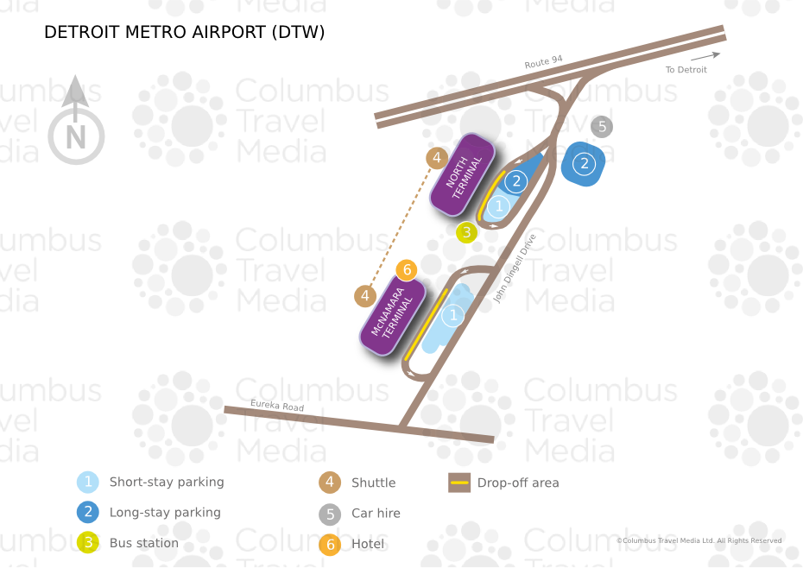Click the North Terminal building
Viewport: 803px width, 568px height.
tap(462, 174)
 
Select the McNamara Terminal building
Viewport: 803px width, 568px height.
tap(392, 315)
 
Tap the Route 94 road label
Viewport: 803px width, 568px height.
tap(543, 62)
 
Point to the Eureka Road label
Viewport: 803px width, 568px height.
tap(277, 405)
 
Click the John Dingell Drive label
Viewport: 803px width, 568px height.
tap(514, 268)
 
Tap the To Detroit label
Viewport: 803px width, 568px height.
tap(686, 70)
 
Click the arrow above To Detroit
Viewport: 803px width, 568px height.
tap(705, 55)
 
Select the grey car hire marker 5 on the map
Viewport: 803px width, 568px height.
tap(602, 127)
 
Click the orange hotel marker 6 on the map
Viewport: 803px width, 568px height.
tap(407, 270)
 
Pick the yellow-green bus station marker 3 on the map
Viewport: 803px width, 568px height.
tap(466, 232)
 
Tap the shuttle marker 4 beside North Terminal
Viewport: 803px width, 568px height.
tap(437, 158)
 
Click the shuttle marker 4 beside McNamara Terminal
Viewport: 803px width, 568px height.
tap(365, 296)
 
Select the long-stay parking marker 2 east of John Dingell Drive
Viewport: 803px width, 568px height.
tap(584, 164)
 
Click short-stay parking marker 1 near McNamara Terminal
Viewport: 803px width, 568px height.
tap(452, 315)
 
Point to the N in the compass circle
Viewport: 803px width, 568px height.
tap(76, 137)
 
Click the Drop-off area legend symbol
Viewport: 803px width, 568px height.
tap(459, 483)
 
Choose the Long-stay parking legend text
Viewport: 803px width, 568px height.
tap(165, 513)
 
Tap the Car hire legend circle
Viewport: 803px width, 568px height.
tap(330, 514)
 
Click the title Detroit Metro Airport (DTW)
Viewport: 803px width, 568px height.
tap(185, 32)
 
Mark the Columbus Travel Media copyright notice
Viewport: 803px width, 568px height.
tap(699, 540)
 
